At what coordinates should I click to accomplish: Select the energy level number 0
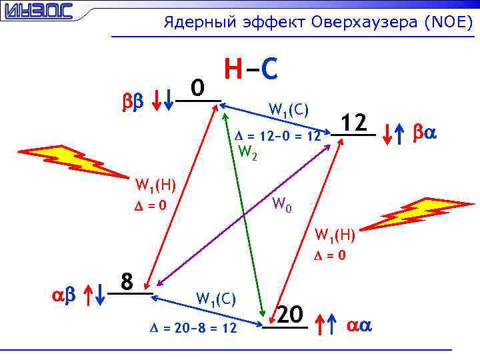197,87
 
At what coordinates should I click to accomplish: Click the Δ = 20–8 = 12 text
193,328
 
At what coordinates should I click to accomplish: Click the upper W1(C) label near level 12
288,109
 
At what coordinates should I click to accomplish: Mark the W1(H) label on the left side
155,184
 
